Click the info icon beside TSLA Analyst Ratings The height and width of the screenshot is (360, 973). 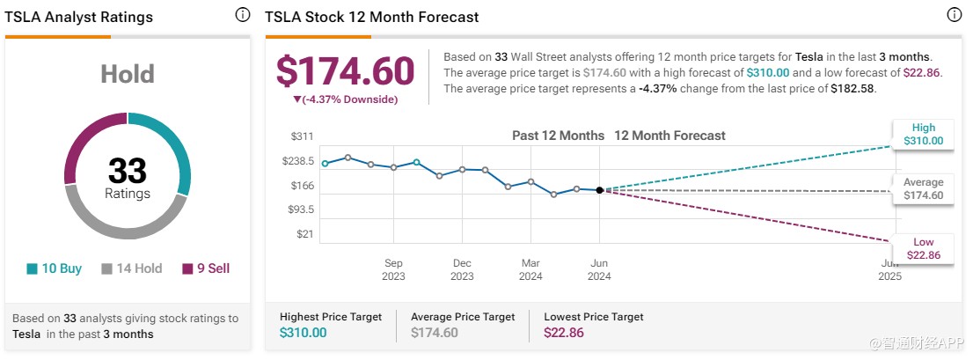[x=242, y=16]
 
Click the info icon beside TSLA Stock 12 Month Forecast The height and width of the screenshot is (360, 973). [x=954, y=16]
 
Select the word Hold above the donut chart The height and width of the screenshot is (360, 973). [x=128, y=74]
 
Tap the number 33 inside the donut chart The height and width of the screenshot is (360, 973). [x=128, y=171]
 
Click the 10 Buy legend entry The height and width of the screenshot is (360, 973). [x=55, y=268]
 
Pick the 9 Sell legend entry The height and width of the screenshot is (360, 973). [x=206, y=268]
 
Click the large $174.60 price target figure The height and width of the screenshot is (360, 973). [x=345, y=71]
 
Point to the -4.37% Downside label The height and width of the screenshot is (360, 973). [x=345, y=99]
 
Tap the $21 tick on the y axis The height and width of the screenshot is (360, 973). [x=304, y=234]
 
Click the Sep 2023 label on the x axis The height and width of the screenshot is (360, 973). [x=393, y=269]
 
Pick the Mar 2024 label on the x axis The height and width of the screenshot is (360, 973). [x=530, y=269]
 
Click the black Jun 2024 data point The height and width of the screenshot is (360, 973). [x=599, y=189]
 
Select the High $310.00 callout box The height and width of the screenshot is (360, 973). [x=923, y=135]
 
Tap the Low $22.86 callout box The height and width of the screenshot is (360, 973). [x=923, y=249]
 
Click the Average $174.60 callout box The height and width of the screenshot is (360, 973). [x=923, y=189]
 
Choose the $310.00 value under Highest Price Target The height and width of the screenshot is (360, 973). [x=303, y=333]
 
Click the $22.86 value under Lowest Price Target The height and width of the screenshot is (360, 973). [x=564, y=333]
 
